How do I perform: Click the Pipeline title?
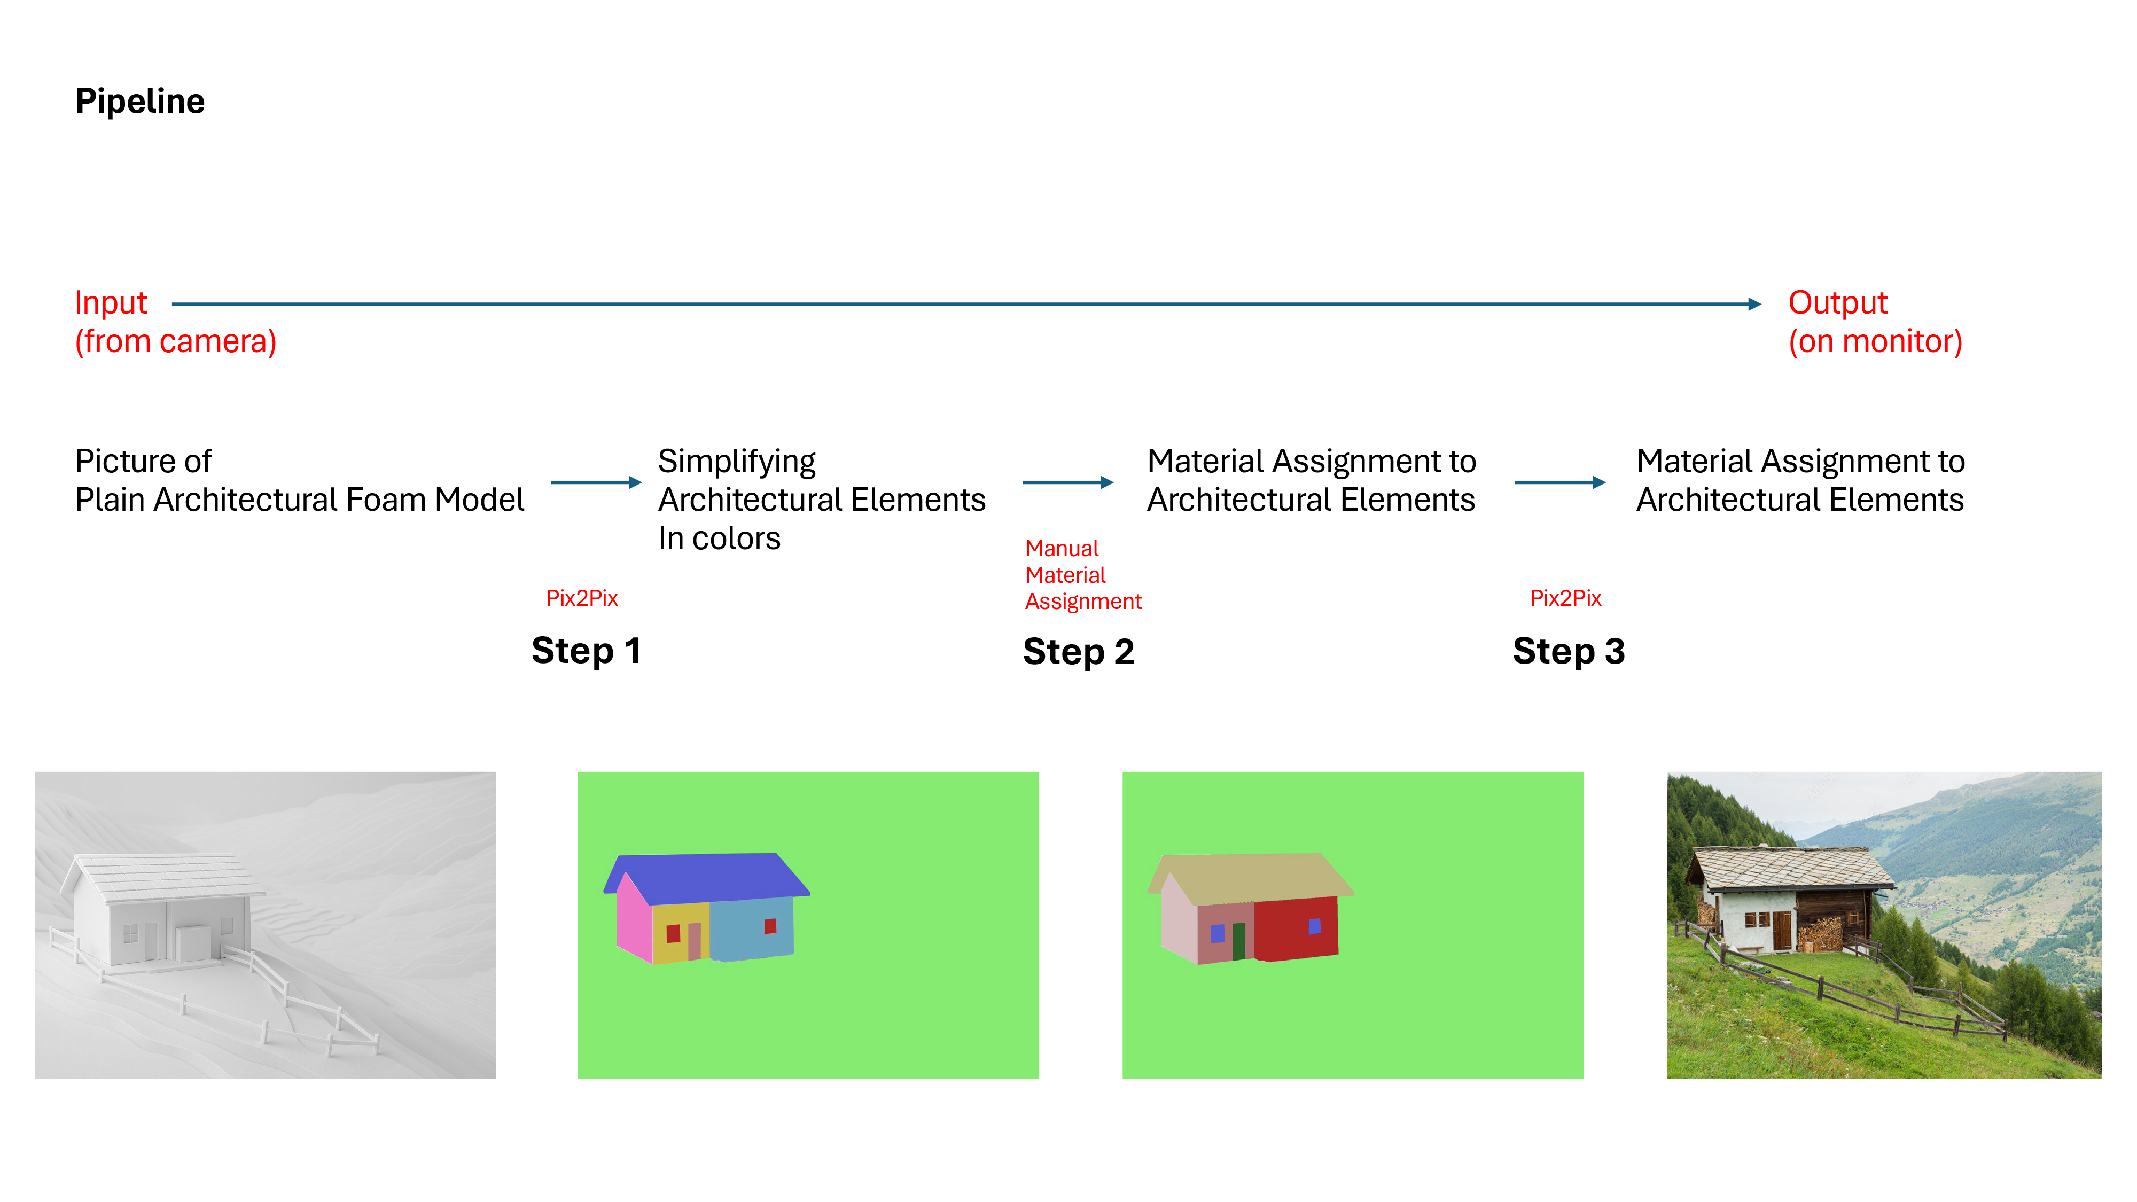click(139, 101)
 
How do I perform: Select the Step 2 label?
click(1078, 651)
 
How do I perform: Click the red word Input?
click(111, 303)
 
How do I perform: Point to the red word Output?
click(1837, 303)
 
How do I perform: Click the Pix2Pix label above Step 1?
click(582, 598)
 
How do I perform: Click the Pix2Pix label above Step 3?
click(1565, 598)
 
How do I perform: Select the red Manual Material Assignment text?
click(1082, 575)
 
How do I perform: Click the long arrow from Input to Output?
click(962, 305)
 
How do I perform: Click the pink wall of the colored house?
click(634, 921)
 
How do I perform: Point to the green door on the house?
click(1238, 941)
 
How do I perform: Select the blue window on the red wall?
click(1314, 926)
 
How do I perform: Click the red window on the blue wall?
click(770, 926)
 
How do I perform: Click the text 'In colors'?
click(719, 539)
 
